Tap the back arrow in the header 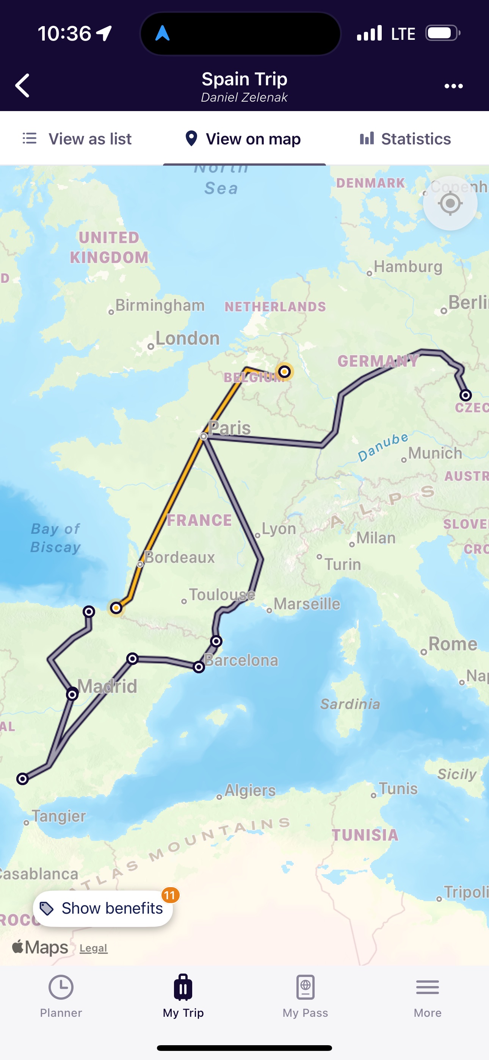pos(23,86)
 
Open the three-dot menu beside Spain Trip pos(454,86)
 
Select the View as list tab pos(77,139)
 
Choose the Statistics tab pos(406,139)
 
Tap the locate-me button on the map pos(450,203)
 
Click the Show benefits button pos(103,908)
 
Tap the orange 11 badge pos(170,895)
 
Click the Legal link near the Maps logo pos(93,948)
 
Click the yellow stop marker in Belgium pos(284,372)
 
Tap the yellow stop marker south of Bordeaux pos(116,608)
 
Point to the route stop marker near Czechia pos(465,395)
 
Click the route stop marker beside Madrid pos(72,695)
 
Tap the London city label pos(187,339)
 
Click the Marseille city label pos(307,604)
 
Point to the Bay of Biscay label pos(56,538)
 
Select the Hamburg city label pos(408,267)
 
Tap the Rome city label pos(452,644)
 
